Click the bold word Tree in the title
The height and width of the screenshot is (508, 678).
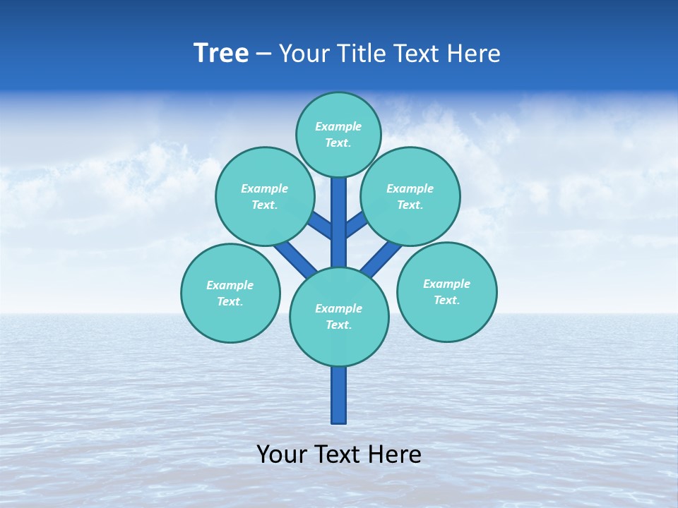click(x=221, y=53)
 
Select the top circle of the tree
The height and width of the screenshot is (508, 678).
click(x=338, y=135)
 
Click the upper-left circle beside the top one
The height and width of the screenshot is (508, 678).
click(x=265, y=196)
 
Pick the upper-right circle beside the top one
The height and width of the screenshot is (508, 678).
click(x=410, y=196)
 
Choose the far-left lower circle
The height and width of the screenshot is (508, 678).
click(x=230, y=293)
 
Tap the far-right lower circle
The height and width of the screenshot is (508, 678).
click(x=447, y=292)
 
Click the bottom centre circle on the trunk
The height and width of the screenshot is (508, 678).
click(x=339, y=317)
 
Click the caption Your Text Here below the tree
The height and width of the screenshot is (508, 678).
click(x=339, y=454)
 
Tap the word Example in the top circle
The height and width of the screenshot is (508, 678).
click(x=338, y=126)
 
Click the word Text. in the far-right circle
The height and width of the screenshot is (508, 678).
click(x=446, y=301)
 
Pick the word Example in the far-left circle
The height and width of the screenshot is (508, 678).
click(x=230, y=285)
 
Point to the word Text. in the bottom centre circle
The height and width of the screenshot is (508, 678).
click(x=338, y=325)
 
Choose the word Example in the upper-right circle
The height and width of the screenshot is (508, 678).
click(x=410, y=188)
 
